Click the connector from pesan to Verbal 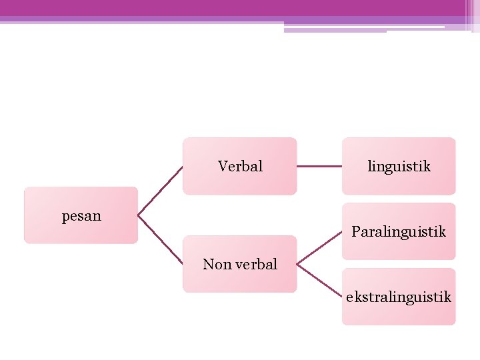pyautogui.click(x=160, y=191)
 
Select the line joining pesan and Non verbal pyautogui.click(x=160, y=239)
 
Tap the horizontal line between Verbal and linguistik pyautogui.click(x=319, y=166)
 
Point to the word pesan pyautogui.click(x=81, y=216)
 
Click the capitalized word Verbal pyautogui.click(x=240, y=166)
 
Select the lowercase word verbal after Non pyautogui.click(x=255, y=264)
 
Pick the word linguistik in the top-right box pyautogui.click(x=399, y=166)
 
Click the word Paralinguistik pyautogui.click(x=399, y=231)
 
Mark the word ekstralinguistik pyautogui.click(x=399, y=297)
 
